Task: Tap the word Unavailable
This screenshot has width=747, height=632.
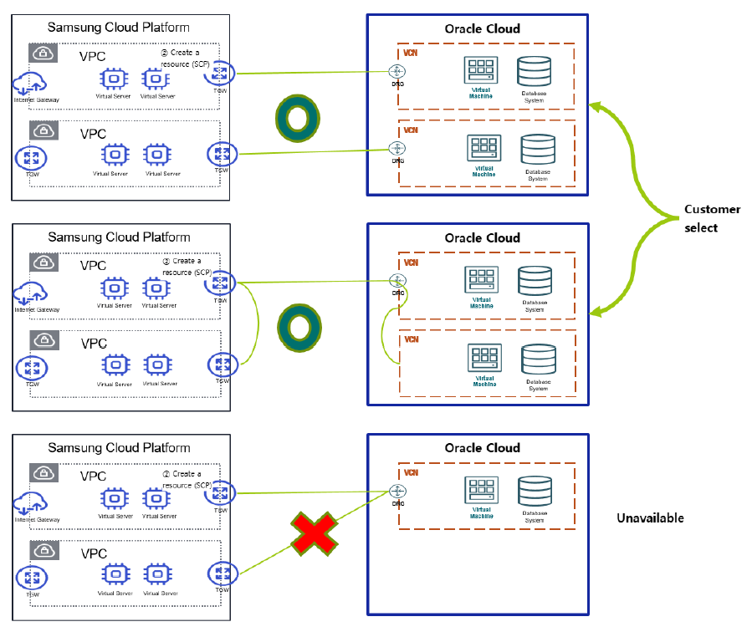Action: [650, 518]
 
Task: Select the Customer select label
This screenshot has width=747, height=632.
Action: [712, 218]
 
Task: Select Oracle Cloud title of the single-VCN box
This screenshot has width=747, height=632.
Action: [482, 448]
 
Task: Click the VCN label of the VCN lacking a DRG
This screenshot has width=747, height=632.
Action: [411, 339]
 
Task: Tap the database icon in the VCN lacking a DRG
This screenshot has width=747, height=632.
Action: [537, 360]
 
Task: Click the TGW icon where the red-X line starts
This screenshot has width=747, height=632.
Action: [223, 574]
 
